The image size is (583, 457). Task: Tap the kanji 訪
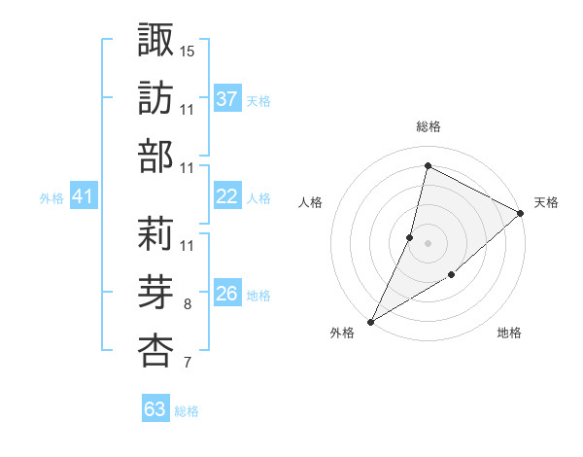coord(155,97)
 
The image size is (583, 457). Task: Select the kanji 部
coord(155,157)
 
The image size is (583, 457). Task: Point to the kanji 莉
coord(155,232)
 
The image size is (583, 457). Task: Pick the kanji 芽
coord(155,292)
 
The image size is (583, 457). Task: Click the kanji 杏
coord(155,351)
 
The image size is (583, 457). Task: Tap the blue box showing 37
coord(227,99)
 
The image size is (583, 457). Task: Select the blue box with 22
coord(227,196)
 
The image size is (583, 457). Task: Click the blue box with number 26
coord(227,294)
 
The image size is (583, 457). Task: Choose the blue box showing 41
coord(83,196)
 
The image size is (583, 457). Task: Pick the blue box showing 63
coord(155,409)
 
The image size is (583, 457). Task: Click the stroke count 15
coord(189,50)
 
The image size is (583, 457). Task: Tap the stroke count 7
coord(188,364)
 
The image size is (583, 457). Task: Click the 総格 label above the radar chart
coord(428,127)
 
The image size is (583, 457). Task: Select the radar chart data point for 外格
coord(370,321)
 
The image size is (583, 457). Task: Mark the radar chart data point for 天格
coord(521,214)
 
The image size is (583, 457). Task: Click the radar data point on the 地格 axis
coord(452,275)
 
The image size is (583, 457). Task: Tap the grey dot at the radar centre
coord(428,243)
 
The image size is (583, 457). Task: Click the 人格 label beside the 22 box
coord(258,197)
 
